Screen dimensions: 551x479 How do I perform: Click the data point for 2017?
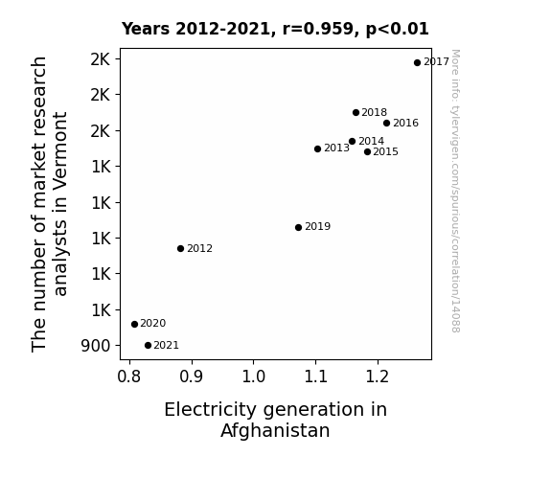(x=417, y=63)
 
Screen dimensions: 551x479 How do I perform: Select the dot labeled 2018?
(x=356, y=112)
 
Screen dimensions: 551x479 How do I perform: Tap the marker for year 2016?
(x=386, y=123)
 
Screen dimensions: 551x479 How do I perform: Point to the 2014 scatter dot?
(x=352, y=141)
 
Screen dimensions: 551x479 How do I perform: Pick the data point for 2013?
(x=318, y=149)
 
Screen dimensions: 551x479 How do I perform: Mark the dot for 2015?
(x=368, y=151)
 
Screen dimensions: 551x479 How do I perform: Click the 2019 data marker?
(x=298, y=227)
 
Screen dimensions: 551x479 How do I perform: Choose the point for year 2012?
(x=180, y=249)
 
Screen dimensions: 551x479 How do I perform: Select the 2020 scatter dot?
(x=134, y=324)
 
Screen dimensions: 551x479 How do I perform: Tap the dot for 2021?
(x=148, y=346)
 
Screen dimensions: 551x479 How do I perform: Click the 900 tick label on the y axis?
(x=96, y=346)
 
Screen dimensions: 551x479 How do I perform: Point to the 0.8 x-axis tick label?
(x=129, y=376)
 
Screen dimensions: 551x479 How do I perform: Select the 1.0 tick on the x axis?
(x=253, y=376)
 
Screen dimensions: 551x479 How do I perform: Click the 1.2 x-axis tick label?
(x=378, y=376)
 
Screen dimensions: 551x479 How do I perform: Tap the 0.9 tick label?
(x=191, y=376)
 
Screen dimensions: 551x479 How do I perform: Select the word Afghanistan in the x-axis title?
(x=275, y=430)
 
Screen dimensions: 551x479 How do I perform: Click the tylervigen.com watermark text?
(x=455, y=191)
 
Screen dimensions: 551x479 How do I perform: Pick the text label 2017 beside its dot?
(x=436, y=62)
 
